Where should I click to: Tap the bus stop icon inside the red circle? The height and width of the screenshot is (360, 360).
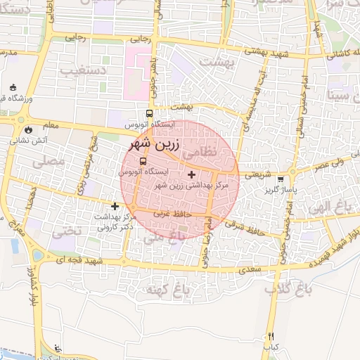143,161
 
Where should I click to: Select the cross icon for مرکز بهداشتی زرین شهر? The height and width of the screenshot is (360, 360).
192,174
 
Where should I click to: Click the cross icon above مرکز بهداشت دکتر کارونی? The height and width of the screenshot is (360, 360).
115,207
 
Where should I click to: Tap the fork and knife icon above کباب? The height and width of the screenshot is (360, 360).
271,337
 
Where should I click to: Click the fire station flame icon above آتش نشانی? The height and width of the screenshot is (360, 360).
27,130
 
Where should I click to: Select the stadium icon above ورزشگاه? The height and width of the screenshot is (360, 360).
14,87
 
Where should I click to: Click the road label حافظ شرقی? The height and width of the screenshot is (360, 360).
248,227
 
